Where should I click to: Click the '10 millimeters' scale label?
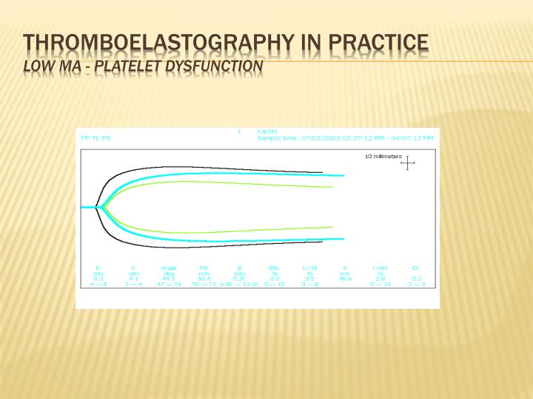tap(383, 157)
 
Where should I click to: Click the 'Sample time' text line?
tap(344, 137)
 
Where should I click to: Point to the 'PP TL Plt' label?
tap(95, 137)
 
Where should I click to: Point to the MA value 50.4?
tap(203, 278)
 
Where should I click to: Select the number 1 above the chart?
tap(239, 132)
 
